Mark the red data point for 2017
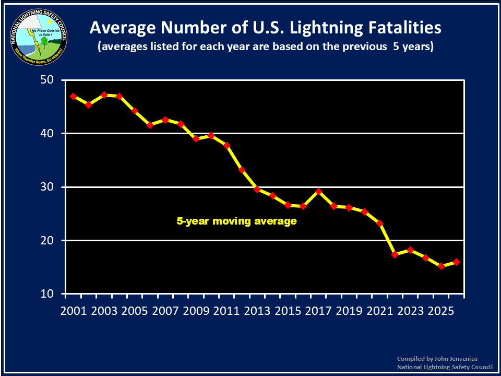318,191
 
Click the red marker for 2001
73,97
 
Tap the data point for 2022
395,255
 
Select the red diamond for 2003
104,95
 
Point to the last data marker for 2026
456,262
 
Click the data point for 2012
242,170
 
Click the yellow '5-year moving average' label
236,221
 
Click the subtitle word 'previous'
364,46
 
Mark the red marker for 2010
211,136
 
